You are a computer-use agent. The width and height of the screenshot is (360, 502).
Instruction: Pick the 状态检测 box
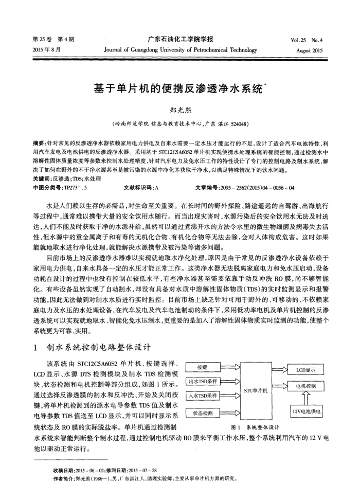click(x=202, y=413)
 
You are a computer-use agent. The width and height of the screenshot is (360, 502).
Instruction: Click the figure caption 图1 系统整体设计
click(x=255, y=427)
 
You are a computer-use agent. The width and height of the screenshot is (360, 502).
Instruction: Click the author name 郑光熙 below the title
click(x=179, y=110)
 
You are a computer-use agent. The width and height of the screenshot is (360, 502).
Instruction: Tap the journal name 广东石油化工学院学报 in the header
click(x=180, y=39)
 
